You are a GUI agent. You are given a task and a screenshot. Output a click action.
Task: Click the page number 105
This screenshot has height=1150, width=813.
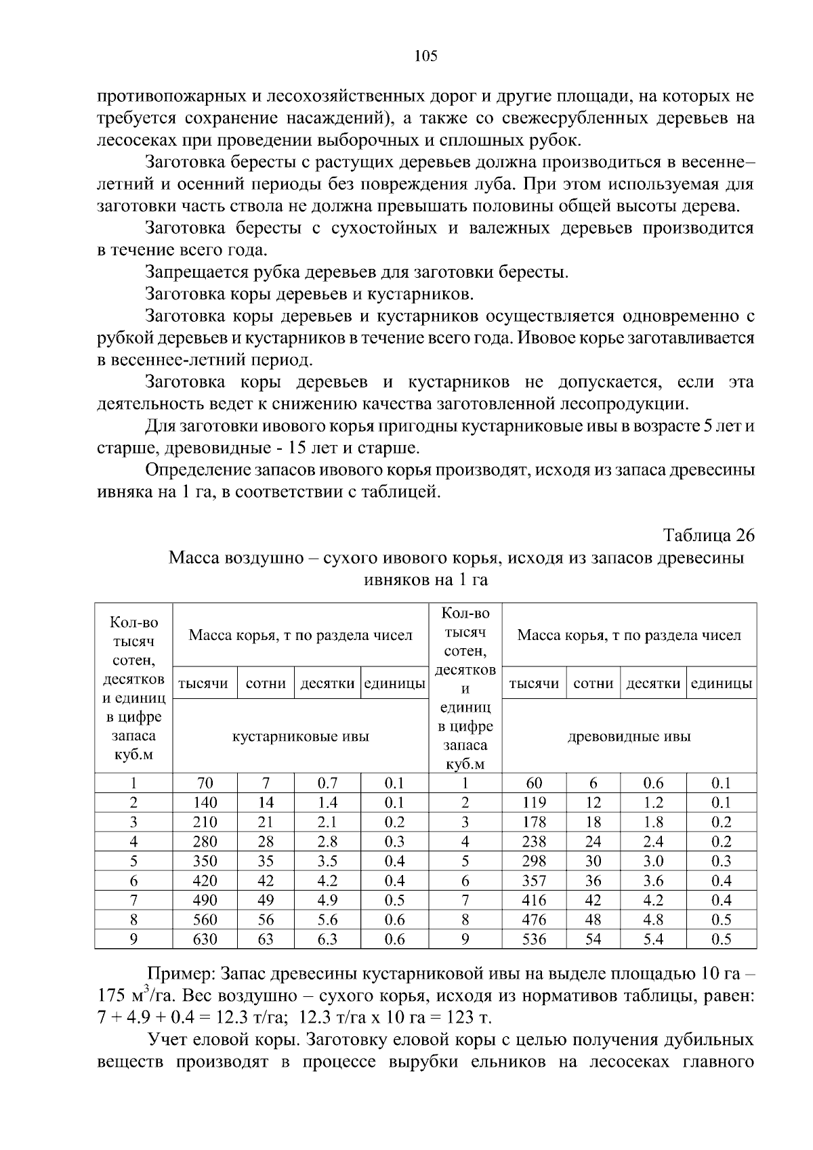(426, 56)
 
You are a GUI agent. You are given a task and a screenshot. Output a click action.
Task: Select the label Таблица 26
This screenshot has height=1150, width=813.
(709, 535)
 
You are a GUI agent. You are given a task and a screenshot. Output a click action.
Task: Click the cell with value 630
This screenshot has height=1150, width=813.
(205, 939)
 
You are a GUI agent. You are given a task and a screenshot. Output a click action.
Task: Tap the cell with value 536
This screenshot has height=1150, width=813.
(534, 939)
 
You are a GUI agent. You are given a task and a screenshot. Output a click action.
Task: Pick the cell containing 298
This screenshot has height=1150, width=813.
(534, 861)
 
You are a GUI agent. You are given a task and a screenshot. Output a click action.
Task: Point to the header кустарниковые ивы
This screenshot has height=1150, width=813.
(301, 736)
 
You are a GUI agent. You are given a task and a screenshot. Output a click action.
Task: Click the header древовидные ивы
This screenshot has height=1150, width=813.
(629, 736)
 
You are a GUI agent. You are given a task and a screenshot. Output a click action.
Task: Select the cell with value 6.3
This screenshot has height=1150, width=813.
(328, 939)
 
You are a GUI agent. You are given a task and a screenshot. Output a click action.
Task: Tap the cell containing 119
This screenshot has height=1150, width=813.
(534, 803)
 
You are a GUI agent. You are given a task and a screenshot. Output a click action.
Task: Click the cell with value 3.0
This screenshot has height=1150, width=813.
(653, 861)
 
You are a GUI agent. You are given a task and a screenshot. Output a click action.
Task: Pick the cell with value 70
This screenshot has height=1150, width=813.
(205, 784)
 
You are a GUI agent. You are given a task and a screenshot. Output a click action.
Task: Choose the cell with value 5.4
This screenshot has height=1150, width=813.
(653, 939)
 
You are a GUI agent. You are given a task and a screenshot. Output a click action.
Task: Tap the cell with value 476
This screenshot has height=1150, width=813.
(534, 920)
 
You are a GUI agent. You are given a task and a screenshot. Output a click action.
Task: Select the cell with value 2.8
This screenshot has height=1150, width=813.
(328, 842)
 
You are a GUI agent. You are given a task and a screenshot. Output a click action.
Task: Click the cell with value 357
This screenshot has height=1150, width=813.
(534, 881)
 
